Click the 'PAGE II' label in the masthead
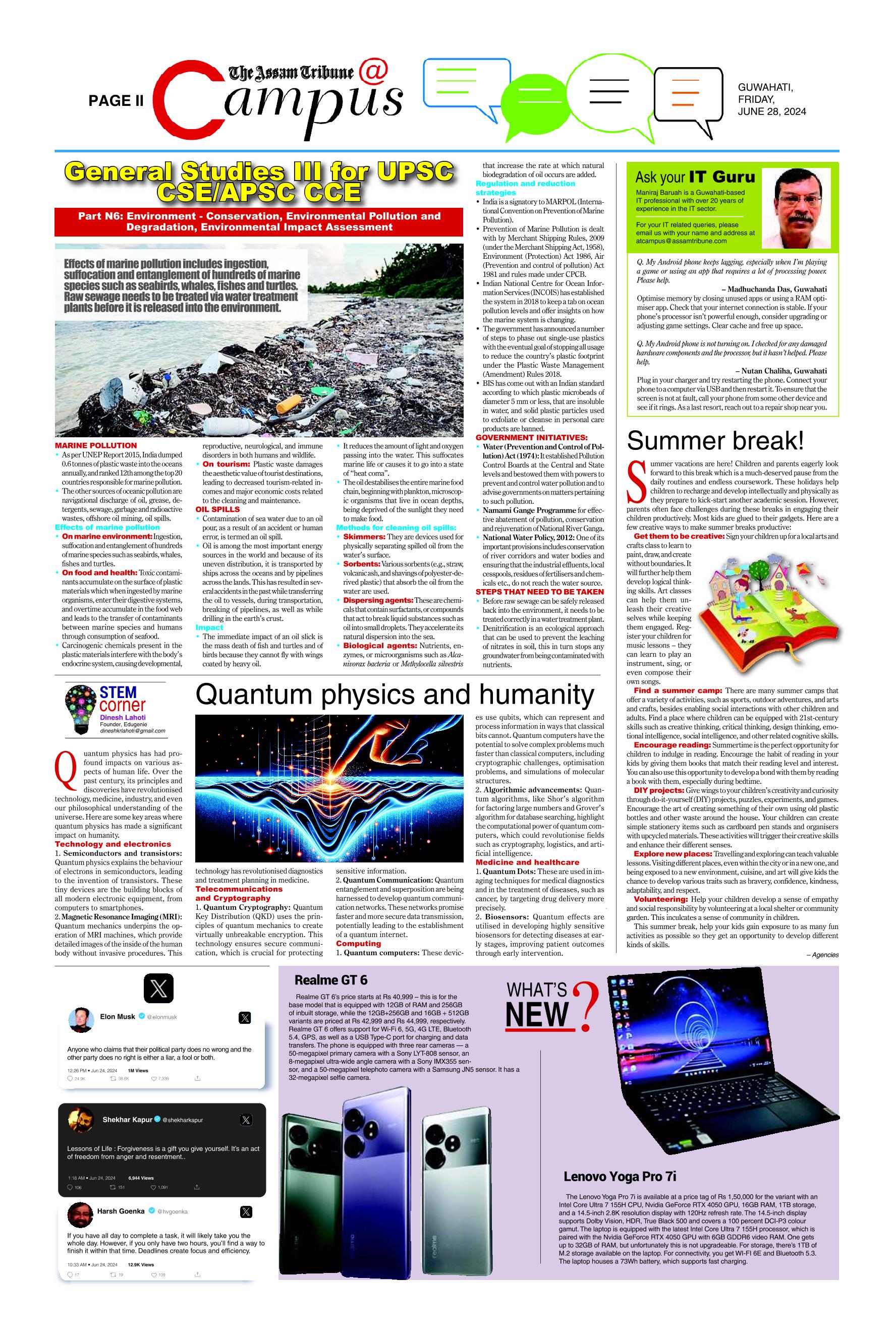tap(116, 101)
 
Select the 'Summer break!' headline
tap(715, 441)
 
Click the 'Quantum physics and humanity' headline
tap(395, 695)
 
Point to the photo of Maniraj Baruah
tap(798, 209)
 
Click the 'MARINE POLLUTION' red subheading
tap(96, 446)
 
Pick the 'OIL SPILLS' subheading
tap(218, 509)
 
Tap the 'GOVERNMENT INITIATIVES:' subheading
tap(531, 438)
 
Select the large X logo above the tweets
tap(158, 989)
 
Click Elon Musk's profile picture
tap(81, 1019)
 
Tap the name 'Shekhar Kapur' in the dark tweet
tap(127, 1120)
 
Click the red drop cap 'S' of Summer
tap(634, 474)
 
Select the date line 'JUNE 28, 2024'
tap(771, 111)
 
